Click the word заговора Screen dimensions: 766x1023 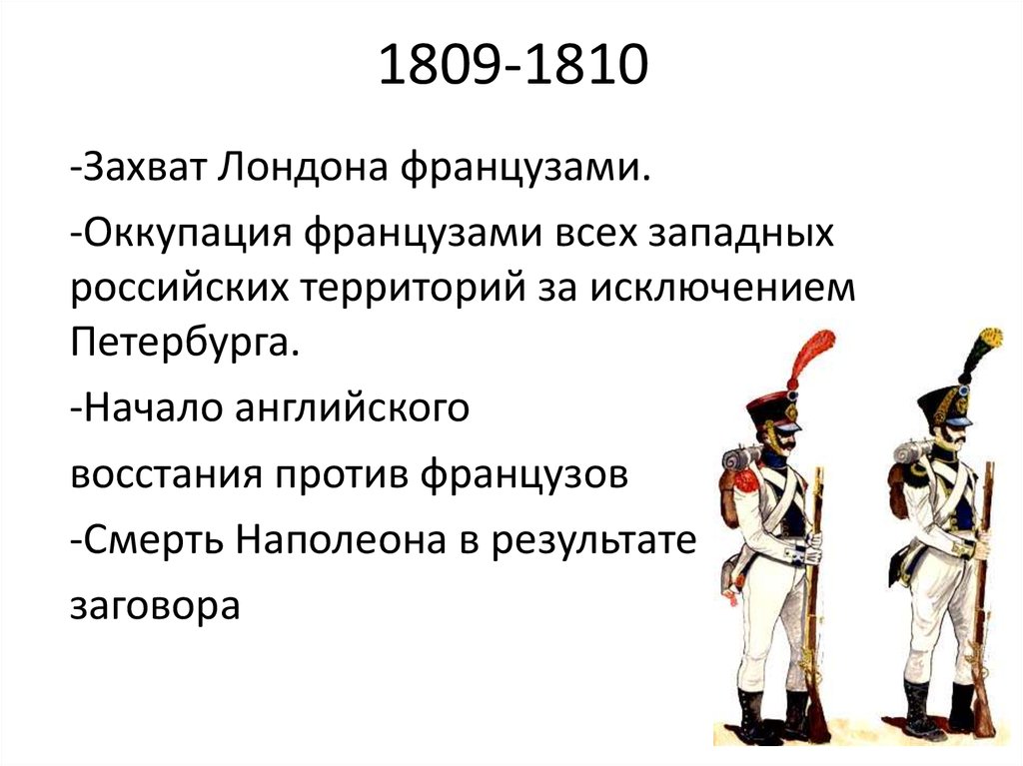(x=155, y=606)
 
